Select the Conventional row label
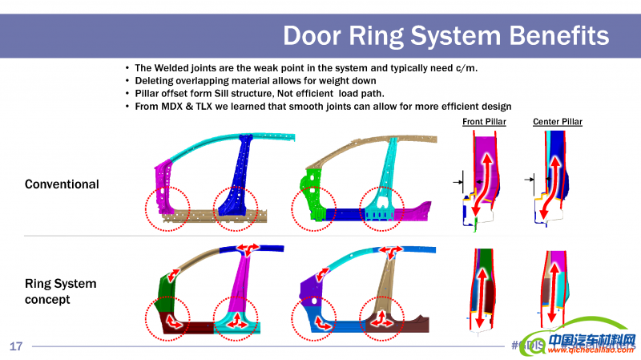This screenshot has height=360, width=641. pos(62,184)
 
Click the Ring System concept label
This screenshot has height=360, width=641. pos(61,292)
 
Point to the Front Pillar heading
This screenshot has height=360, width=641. pos(484,122)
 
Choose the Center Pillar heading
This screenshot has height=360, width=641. pos(558,122)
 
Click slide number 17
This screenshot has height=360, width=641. pos(16,346)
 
